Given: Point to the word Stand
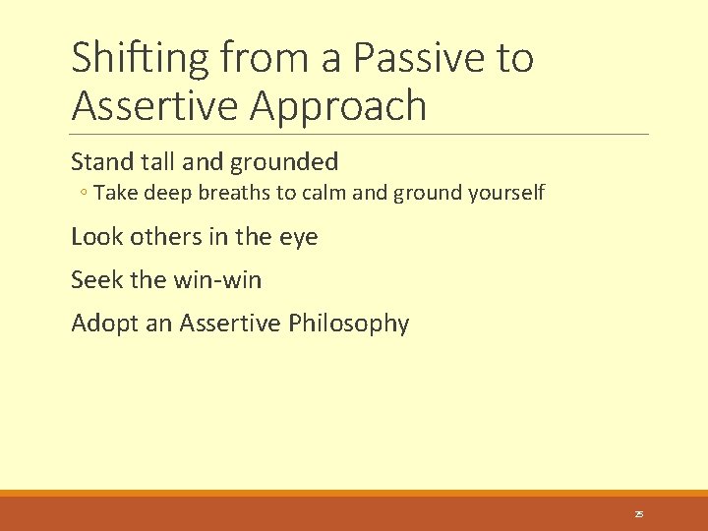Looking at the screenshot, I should tap(97, 161).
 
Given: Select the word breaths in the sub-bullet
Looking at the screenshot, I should tap(235, 193).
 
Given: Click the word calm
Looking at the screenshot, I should tap(324, 193).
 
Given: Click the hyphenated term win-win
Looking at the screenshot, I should tap(217, 280).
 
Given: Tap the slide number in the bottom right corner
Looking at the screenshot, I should tap(638, 514).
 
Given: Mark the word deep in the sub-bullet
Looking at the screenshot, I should tap(168, 193).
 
